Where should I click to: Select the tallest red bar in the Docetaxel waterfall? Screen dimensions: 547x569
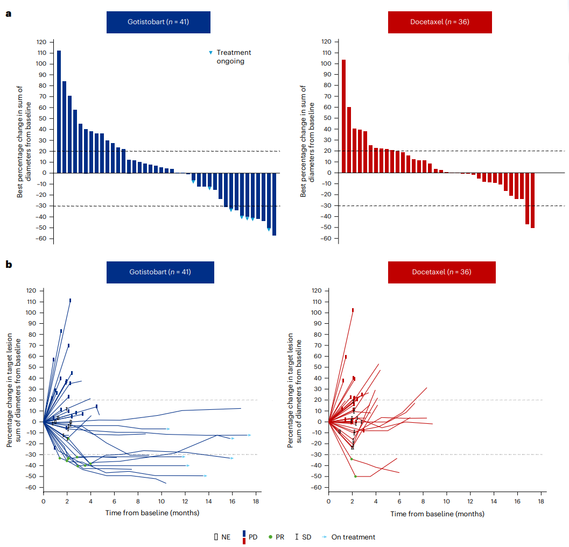pos(343,116)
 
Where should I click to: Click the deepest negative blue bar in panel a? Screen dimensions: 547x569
pos(274,204)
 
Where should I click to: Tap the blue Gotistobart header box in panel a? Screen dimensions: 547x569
pos(158,22)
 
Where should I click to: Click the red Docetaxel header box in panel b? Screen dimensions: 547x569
pos(441,272)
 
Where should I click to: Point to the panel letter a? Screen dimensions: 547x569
pos(8,13)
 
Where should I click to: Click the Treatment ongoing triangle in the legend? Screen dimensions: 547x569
pos(210,53)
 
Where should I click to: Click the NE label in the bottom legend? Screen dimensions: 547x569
pos(226,537)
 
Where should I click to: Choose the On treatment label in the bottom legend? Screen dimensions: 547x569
pos(353,537)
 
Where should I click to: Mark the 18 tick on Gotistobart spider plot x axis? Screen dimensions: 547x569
pos(256,501)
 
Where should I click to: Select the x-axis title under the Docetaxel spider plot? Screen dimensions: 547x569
pos(437,514)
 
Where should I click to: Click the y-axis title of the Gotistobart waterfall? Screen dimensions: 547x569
pos(24,141)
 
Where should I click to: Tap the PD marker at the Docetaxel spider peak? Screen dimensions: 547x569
pos(353,310)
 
